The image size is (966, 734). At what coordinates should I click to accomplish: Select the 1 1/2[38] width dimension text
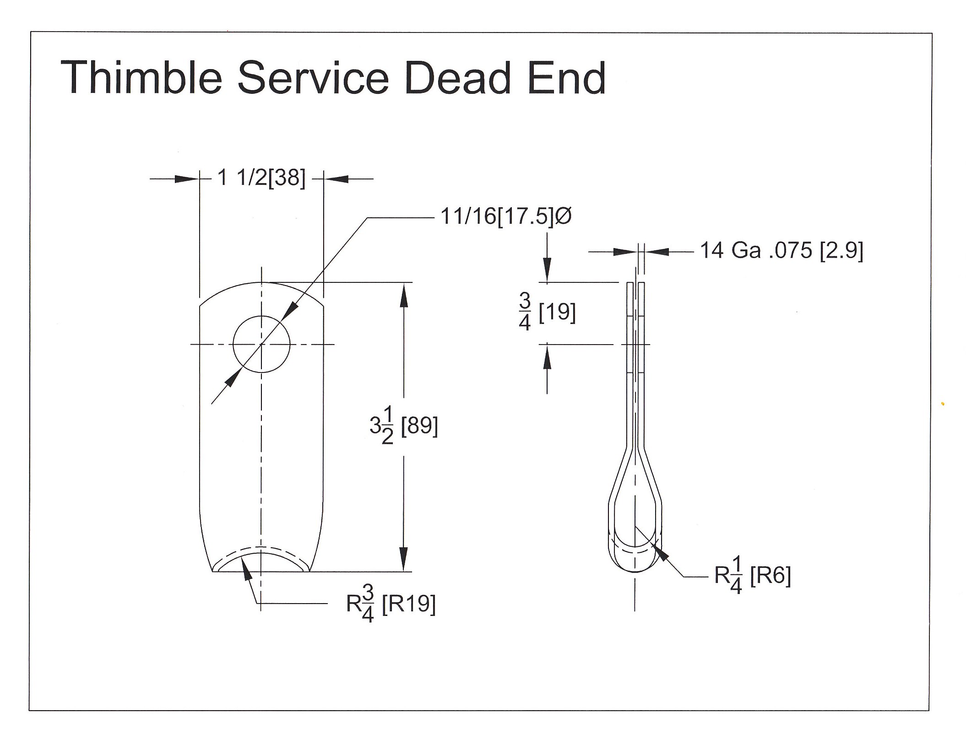coord(261,178)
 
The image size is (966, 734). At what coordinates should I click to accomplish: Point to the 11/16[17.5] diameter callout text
coord(497,216)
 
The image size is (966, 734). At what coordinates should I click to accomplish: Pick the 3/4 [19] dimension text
coord(547,313)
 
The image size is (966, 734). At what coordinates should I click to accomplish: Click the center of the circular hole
coord(261,344)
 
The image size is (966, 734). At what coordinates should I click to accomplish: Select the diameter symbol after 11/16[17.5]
coord(564,216)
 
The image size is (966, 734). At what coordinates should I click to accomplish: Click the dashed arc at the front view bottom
coord(261,547)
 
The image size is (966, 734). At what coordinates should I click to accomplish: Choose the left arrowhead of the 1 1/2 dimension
coord(188,179)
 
